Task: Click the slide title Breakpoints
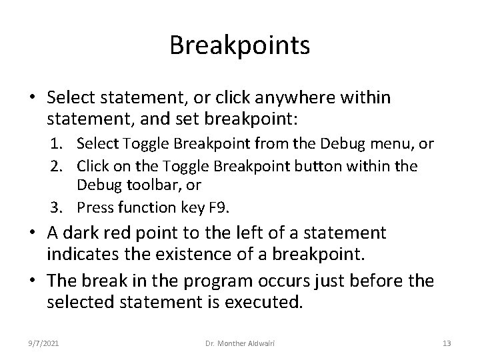[x=239, y=46]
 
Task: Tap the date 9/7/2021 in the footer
[x=44, y=343]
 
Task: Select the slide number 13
[x=447, y=343]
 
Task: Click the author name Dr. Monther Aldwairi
[x=240, y=343]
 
